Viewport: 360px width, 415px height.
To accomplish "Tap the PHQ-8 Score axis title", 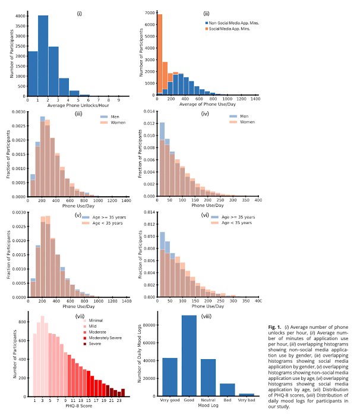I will pos(77,407).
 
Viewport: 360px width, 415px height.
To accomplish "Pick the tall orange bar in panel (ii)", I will pos(159,54).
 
